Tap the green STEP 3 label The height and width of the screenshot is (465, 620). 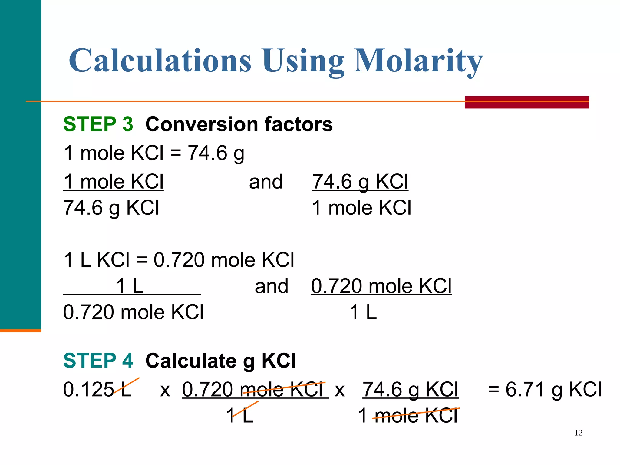point(98,124)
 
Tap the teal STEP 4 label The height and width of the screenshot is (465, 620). point(98,361)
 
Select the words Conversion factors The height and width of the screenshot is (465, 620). point(239,124)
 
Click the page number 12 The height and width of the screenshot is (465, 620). point(578,433)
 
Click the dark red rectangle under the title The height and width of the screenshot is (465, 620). point(526,102)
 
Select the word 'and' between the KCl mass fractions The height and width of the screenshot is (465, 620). point(265,182)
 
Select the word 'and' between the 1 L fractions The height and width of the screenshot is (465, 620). point(271,286)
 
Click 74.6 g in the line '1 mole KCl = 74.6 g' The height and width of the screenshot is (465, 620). point(216,153)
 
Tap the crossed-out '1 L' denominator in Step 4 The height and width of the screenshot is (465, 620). point(239,415)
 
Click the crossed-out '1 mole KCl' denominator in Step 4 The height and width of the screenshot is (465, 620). point(408,415)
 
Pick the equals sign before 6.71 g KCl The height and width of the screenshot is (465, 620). point(493,389)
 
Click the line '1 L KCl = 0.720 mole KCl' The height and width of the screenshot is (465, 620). point(179,260)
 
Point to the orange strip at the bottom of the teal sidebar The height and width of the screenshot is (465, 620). point(21,331)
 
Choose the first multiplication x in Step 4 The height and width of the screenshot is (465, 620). point(165,390)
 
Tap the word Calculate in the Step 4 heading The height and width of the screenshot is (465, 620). point(191,361)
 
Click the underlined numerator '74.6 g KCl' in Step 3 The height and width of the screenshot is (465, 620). point(360,182)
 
